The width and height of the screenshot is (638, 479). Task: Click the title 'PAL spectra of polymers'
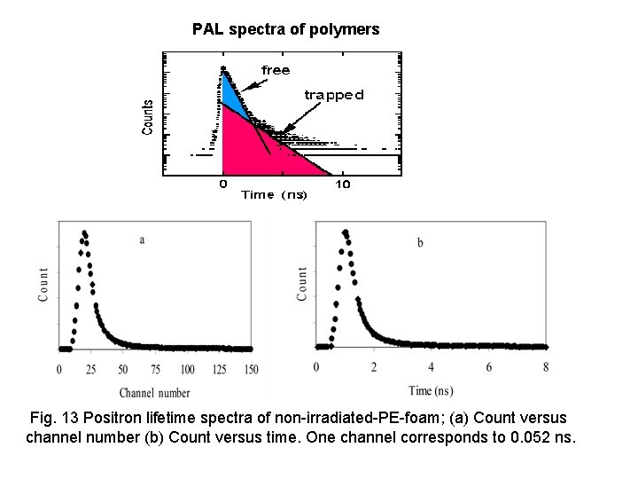[x=286, y=29]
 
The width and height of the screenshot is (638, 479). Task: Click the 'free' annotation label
[x=275, y=69]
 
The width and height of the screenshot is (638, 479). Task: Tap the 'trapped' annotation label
[x=333, y=94]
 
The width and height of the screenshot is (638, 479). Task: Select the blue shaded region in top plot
[x=231, y=91]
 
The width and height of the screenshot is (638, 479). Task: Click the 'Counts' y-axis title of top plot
[x=148, y=116]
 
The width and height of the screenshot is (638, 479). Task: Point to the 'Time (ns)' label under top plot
[x=275, y=195]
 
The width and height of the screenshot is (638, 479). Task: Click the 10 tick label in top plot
[x=343, y=185]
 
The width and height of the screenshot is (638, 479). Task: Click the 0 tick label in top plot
[x=222, y=185]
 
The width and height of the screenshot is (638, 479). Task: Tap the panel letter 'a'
[x=142, y=239]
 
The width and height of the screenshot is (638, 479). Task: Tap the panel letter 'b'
[x=420, y=242]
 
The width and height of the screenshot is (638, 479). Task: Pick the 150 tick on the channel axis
[x=252, y=369]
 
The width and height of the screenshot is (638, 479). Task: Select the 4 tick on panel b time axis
[x=431, y=367]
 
